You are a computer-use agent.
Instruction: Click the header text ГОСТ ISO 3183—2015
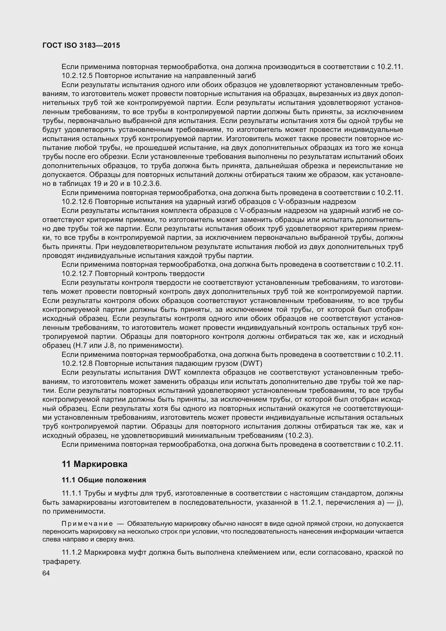point(81,46)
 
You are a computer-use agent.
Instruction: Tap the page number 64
point(46,573)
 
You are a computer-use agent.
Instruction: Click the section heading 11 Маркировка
point(94,464)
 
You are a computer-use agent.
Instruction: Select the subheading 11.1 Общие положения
point(104,480)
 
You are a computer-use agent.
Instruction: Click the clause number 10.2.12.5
point(77,76)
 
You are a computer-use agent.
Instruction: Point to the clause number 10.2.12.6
point(77,202)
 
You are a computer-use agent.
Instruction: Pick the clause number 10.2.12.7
point(77,274)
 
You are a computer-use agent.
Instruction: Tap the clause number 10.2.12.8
point(77,364)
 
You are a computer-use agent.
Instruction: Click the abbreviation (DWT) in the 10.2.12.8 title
point(251,364)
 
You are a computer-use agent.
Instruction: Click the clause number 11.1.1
point(72,494)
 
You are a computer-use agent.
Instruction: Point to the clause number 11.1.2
point(72,552)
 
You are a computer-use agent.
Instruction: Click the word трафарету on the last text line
point(61,561)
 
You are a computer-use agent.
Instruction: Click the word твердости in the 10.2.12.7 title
point(187,274)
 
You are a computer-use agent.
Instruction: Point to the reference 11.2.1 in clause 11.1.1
point(310,503)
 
